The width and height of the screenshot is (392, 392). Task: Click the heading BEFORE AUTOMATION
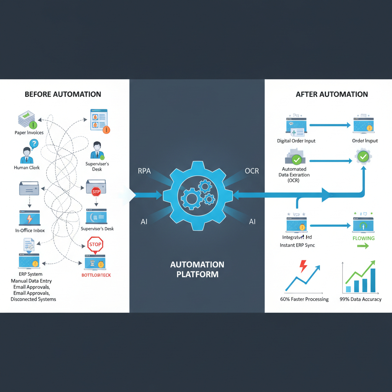point(63,94)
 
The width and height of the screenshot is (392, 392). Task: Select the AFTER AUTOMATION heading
point(332,94)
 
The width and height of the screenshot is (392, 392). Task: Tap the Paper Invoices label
point(29,133)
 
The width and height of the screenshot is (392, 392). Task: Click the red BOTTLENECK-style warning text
point(96,275)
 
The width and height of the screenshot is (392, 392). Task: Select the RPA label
point(144,171)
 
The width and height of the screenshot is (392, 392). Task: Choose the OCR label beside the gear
point(252,171)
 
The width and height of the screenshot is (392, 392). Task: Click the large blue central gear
point(198,196)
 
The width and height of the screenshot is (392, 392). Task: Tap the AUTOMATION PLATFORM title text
point(197,269)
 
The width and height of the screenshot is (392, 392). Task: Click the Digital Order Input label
point(296,141)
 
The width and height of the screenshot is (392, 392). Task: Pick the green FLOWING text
point(363,238)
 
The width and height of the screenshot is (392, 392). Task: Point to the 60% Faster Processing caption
point(304,299)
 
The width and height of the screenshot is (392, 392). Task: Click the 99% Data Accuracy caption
point(360,299)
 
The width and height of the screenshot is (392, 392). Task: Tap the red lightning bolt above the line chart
point(303,266)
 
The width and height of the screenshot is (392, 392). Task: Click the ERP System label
point(30,274)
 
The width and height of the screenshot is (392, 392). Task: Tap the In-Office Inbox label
point(30,230)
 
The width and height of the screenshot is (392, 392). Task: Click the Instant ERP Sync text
point(297,245)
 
